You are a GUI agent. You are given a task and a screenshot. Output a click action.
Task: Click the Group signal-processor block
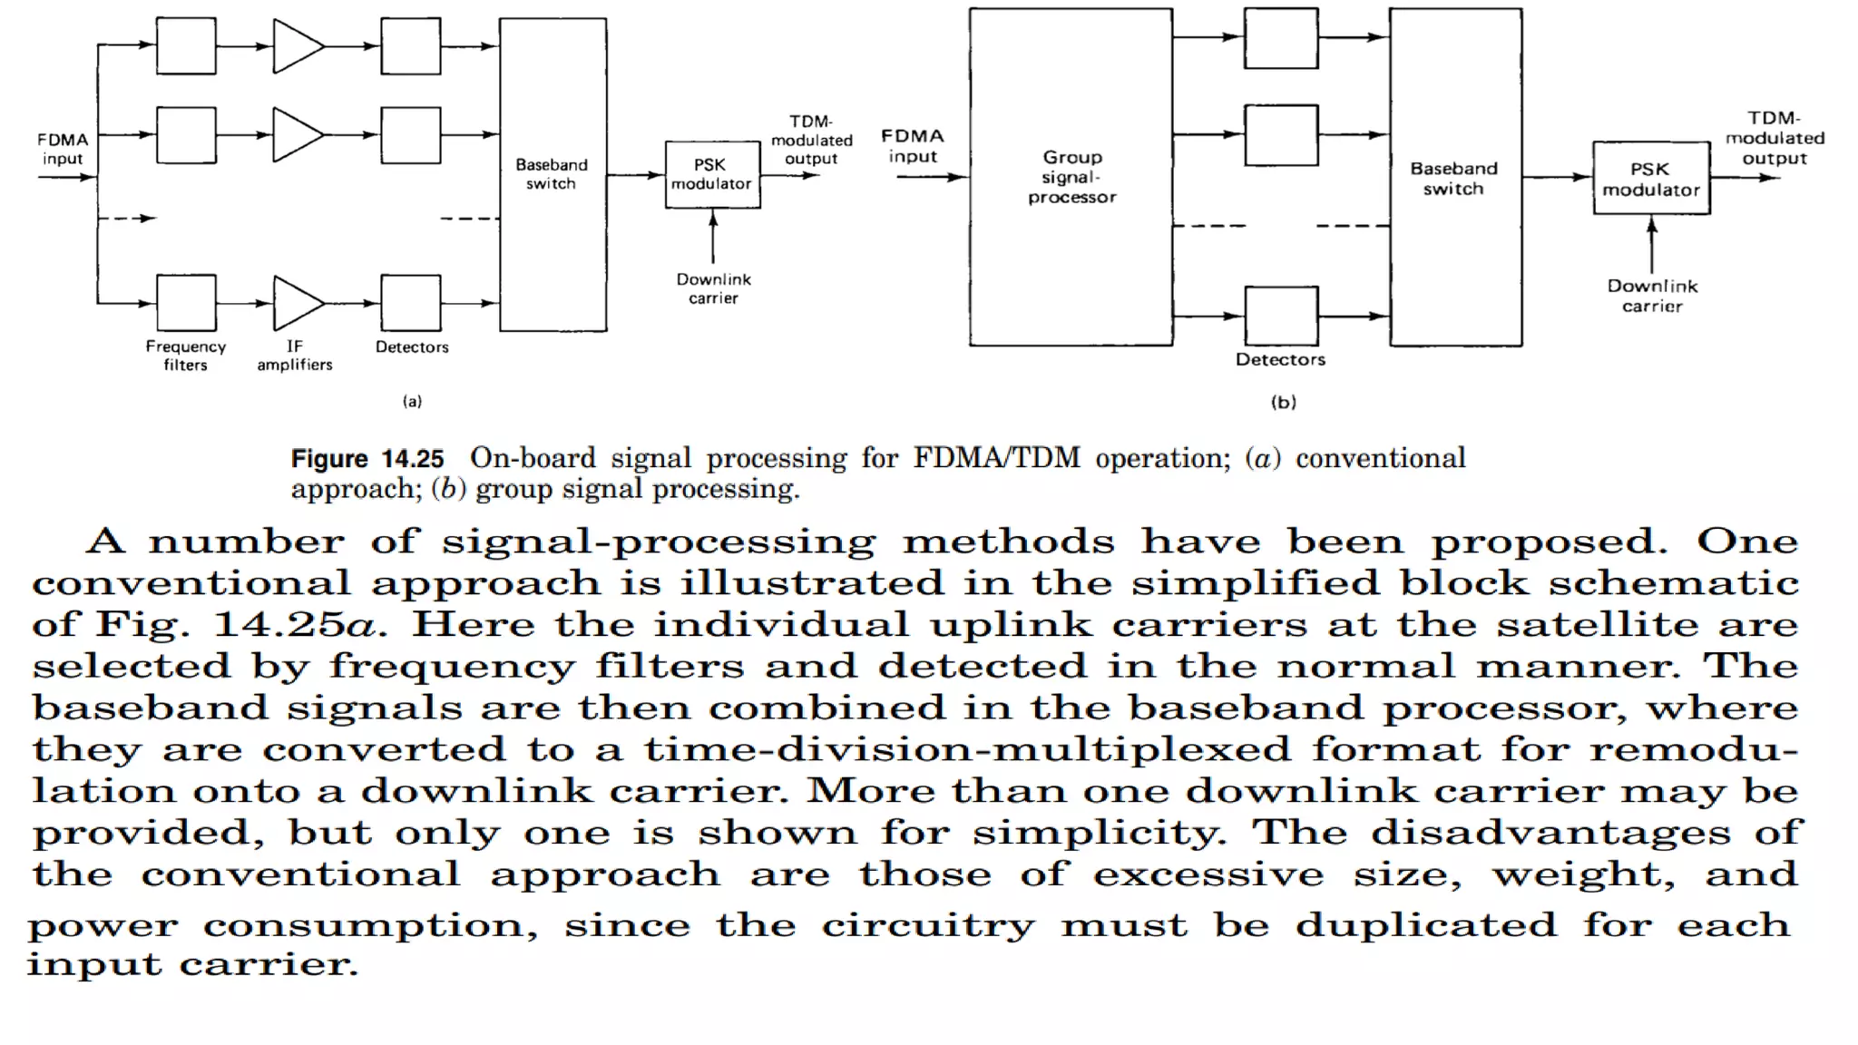pos(1071,177)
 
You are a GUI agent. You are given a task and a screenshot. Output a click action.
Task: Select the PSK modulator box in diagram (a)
pos(712,174)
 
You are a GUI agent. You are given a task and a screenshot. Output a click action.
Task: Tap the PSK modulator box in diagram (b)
pos(1651,179)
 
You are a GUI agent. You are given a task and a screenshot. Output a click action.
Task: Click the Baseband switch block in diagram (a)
pos(553,174)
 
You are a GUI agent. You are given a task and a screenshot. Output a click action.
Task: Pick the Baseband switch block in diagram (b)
pos(1455,178)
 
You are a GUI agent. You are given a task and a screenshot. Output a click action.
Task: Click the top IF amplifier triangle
pos(296,45)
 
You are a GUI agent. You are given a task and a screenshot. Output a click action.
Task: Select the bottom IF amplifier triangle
pos(296,303)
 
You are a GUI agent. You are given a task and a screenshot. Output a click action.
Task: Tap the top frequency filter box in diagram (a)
pos(186,45)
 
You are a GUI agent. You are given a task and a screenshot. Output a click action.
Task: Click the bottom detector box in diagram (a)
pos(411,303)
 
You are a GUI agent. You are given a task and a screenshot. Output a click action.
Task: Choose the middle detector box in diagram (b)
pos(1281,135)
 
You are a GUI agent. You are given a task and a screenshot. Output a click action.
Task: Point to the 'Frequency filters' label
pos(186,356)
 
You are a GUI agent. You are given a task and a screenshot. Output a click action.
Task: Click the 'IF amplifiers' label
pos(295,356)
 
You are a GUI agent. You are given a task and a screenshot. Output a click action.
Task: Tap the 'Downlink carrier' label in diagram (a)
pos(713,288)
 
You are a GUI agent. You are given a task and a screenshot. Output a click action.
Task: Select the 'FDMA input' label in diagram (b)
pos(913,146)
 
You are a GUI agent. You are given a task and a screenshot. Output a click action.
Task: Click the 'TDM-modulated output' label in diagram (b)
pos(1775,138)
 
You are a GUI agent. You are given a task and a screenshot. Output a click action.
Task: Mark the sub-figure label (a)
pos(412,401)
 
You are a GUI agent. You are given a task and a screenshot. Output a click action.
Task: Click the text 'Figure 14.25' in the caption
pos(367,459)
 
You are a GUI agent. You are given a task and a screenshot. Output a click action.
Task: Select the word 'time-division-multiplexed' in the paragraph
pos(967,750)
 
